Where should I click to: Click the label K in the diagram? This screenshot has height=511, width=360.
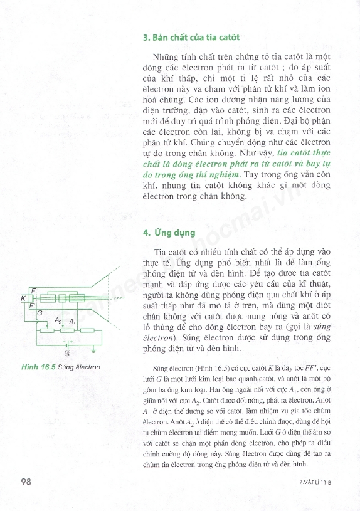(x=23, y=299)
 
